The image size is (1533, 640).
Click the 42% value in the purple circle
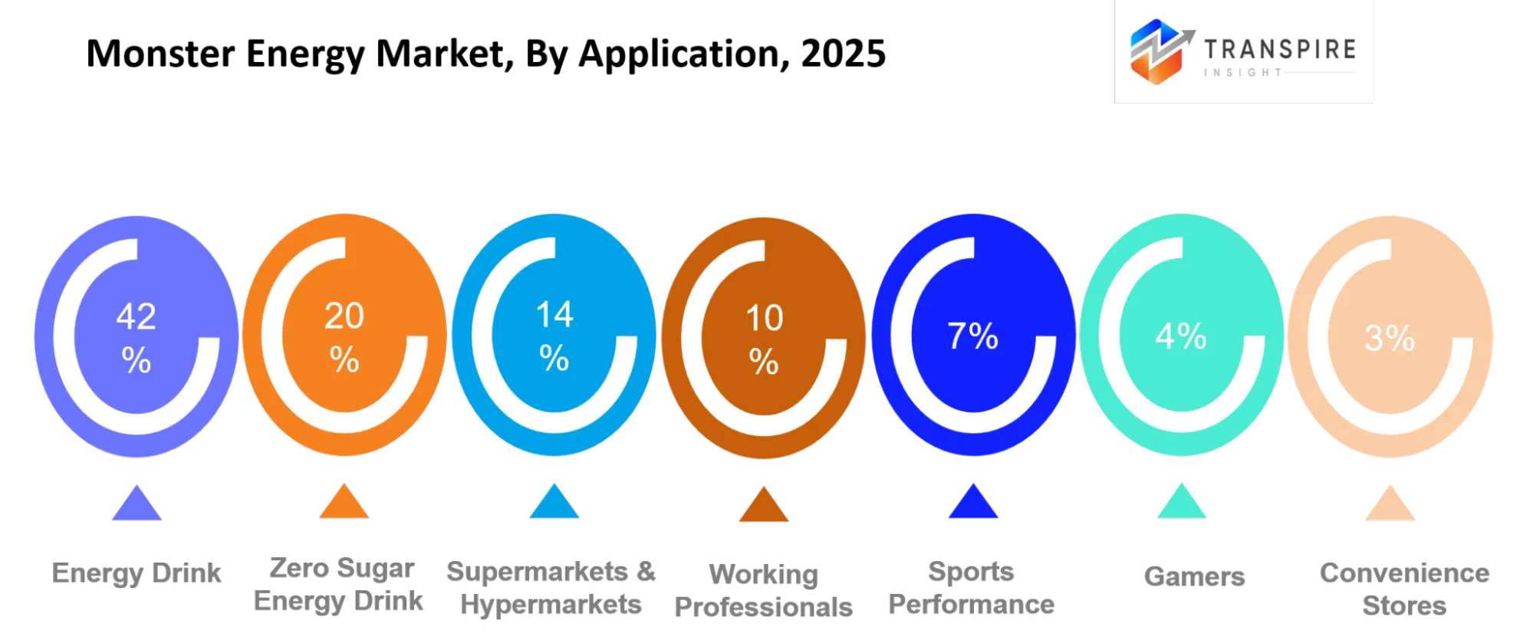point(137,337)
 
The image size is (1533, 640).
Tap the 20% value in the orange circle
point(344,336)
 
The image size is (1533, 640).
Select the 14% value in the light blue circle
point(554,336)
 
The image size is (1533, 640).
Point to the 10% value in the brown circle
point(764,339)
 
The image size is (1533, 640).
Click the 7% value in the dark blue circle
point(972,336)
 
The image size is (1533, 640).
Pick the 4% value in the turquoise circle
point(1181,336)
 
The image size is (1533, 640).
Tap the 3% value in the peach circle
point(1390,338)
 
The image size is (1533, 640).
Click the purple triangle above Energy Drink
point(137,503)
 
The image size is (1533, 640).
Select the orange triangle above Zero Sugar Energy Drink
point(344,501)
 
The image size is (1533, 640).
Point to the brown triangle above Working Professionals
point(764,504)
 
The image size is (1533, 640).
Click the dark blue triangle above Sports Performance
point(973,501)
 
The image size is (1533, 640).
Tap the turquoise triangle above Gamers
point(1182,501)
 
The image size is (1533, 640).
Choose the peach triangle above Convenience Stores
point(1390,503)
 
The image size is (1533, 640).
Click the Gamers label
point(1194,576)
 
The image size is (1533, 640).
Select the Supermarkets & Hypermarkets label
point(551,588)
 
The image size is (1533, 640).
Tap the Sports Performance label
point(972,588)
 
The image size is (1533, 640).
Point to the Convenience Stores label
point(1404,589)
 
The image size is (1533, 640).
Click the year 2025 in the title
point(844,54)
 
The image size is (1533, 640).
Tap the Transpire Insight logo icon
point(1160,51)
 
